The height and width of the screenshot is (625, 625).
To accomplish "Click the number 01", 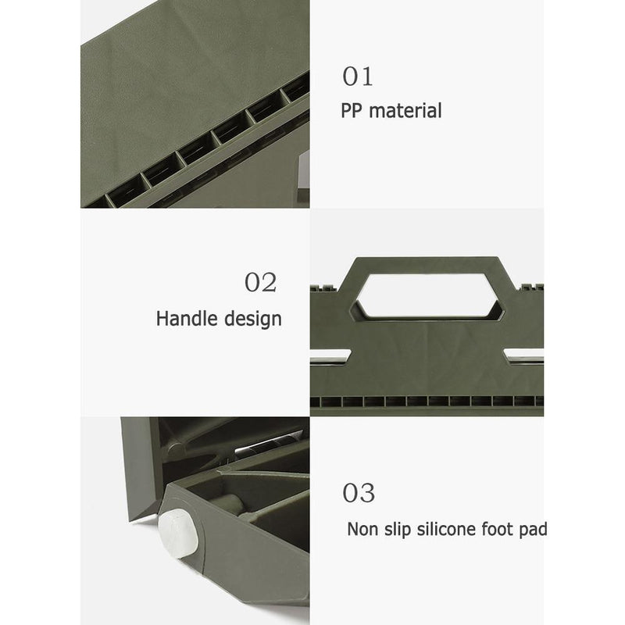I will [358, 77].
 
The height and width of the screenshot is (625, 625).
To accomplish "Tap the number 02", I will [260, 282].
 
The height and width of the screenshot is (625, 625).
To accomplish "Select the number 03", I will [359, 494].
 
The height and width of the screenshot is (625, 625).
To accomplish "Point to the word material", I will [405, 111].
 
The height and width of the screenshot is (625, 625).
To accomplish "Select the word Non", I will [362, 530].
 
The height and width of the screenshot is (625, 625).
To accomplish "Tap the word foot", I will [504, 530].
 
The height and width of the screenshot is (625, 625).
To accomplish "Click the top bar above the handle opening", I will [427, 266].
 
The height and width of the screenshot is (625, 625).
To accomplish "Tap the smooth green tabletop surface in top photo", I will [180, 78].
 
